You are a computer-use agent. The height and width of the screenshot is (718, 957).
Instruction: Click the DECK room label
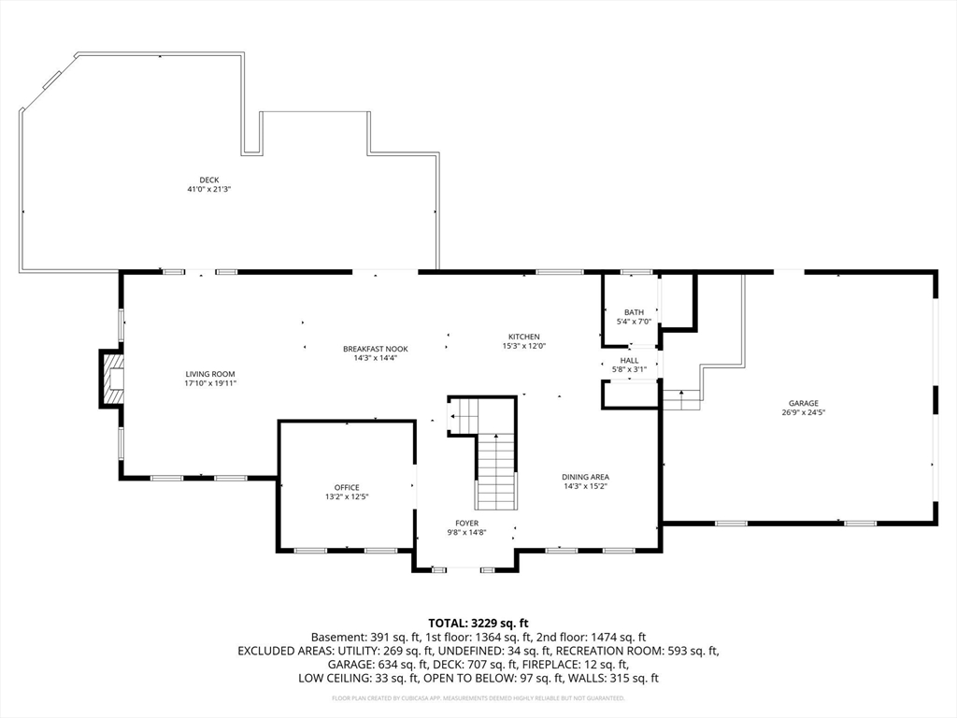click(208, 180)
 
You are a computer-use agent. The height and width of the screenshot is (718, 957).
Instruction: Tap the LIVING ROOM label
click(210, 374)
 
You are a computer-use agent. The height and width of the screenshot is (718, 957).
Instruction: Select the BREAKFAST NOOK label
click(376, 350)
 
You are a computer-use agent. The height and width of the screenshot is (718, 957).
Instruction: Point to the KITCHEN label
click(523, 337)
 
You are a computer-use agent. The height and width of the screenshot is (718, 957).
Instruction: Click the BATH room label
click(634, 312)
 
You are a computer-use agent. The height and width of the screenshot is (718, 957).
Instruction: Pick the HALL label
click(629, 361)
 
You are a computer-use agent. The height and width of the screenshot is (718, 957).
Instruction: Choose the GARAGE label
click(803, 404)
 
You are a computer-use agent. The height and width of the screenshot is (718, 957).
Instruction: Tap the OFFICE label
click(347, 488)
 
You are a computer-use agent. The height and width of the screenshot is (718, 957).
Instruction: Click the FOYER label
click(467, 524)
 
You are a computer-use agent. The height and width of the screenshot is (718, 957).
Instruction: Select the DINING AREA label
click(585, 477)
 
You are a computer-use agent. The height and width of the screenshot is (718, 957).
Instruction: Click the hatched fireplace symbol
click(112, 379)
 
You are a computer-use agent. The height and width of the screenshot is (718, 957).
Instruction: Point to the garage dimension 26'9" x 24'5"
click(803, 412)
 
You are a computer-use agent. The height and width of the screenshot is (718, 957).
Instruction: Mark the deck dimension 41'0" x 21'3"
click(208, 189)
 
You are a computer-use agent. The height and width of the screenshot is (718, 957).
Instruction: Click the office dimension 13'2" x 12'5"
click(347, 497)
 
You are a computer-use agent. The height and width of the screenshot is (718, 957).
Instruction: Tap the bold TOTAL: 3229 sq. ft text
click(478, 624)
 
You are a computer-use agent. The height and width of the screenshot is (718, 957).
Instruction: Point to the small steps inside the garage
click(681, 400)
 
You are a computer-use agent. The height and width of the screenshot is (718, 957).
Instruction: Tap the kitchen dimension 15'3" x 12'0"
click(523, 346)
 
